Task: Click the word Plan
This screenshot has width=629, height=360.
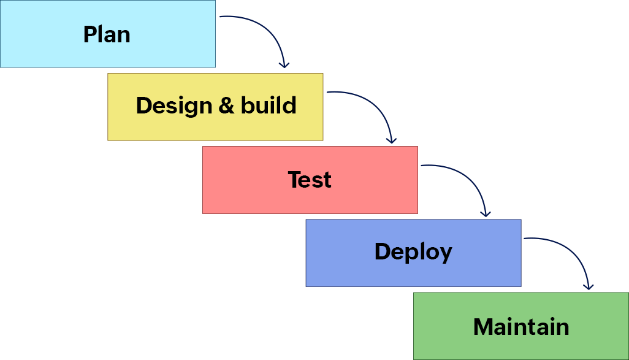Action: (107, 34)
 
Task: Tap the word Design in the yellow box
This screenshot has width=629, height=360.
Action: (173, 105)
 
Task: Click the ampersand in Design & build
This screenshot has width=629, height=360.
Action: (226, 105)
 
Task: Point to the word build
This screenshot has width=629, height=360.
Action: (268, 105)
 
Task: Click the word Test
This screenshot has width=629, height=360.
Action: (310, 180)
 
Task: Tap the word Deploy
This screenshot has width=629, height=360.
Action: (413, 252)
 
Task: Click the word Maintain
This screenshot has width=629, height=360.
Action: (521, 326)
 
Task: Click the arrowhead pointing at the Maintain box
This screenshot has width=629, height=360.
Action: (589, 286)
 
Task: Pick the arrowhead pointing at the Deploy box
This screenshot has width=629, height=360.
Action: (486, 213)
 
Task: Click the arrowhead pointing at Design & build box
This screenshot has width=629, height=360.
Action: (283, 64)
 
